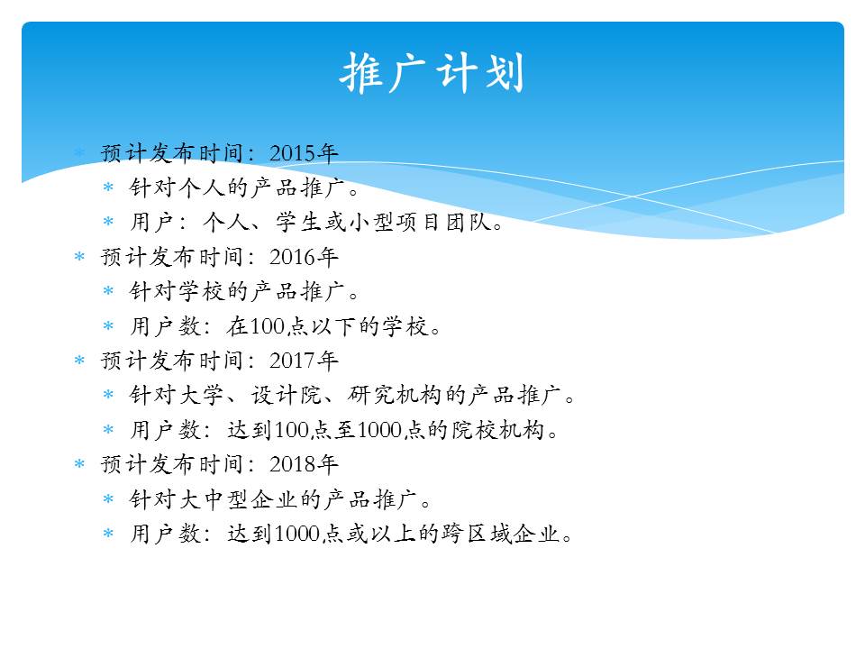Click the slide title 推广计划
[x=432, y=72]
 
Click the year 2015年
[x=304, y=153]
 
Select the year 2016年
[x=304, y=257]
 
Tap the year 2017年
[x=304, y=361]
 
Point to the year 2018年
[x=304, y=465]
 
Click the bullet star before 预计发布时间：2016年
[x=79, y=257]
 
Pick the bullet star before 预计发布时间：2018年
[x=79, y=464]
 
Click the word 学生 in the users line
[x=298, y=223]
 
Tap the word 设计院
[x=286, y=396]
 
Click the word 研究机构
[x=395, y=396]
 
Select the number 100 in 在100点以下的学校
[x=267, y=326]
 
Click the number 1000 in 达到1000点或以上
[x=296, y=534]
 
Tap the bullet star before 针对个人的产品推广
[x=108, y=187]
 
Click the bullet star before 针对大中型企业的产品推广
[x=108, y=499]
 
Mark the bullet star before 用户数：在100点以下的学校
[x=108, y=326]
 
